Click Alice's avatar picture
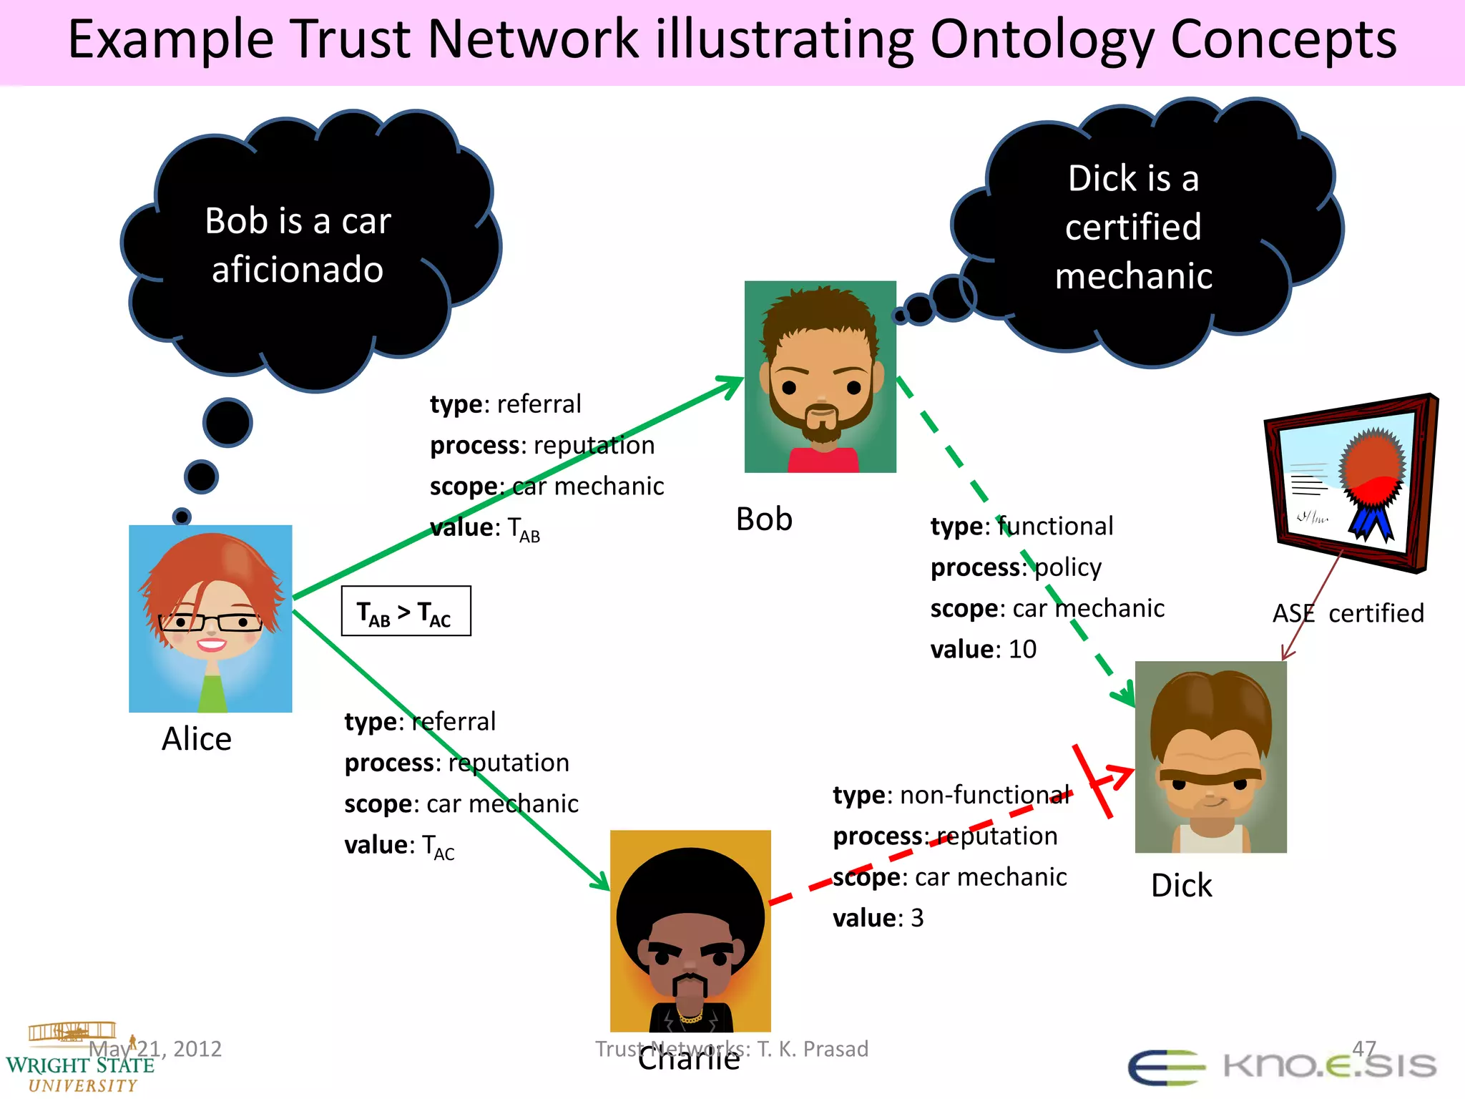pyautogui.click(x=210, y=618)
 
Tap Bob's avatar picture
pyautogui.click(x=820, y=376)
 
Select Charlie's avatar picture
pyautogui.click(x=690, y=930)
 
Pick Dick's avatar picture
pyautogui.click(x=1210, y=757)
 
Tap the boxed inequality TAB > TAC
pyautogui.click(x=406, y=611)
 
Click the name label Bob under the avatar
pyautogui.click(x=764, y=519)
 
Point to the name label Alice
pyautogui.click(x=197, y=738)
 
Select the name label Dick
pyautogui.click(x=1181, y=886)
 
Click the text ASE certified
pyautogui.click(x=1348, y=613)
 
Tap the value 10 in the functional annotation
pyautogui.click(x=1022, y=649)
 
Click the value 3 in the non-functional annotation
pyautogui.click(x=917, y=917)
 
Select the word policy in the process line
pyautogui.click(x=1068, y=567)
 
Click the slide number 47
pyautogui.click(x=1363, y=1048)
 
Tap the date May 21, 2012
pyautogui.click(x=155, y=1049)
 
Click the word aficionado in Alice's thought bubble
pyautogui.click(x=298, y=270)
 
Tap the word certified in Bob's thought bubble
pyautogui.click(x=1133, y=228)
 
